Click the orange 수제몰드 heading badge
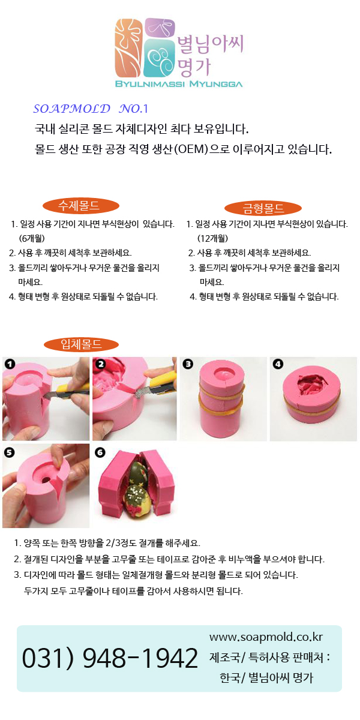(x=80, y=206)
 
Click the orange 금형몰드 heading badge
(x=263, y=208)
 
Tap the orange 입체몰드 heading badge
(x=82, y=344)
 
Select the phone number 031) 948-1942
(x=110, y=658)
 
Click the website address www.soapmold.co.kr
(x=266, y=637)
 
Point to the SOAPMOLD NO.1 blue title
(x=91, y=109)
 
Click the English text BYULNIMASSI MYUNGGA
(x=179, y=84)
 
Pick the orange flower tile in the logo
(x=128, y=48)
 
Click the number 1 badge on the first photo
(x=10, y=364)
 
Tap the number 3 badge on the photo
(x=188, y=364)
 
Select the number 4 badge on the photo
(x=278, y=364)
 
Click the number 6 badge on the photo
(x=100, y=452)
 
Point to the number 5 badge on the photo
(x=10, y=452)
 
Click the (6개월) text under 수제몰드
(x=31, y=238)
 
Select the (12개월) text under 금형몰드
(x=212, y=238)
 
